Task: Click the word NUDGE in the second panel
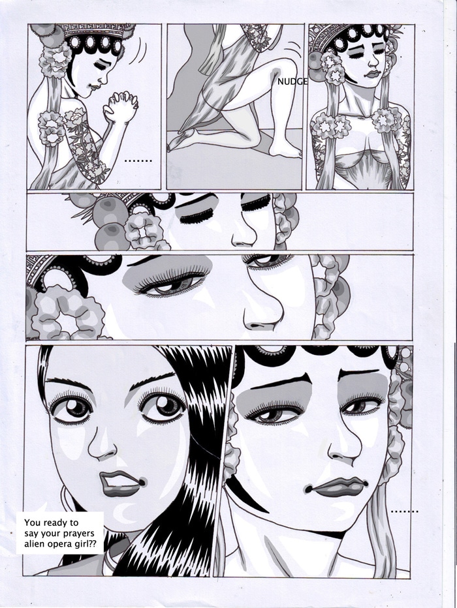point(292,82)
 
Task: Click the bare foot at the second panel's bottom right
point(285,150)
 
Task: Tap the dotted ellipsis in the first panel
point(138,160)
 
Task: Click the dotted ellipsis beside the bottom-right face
point(405,512)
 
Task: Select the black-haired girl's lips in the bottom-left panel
point(121,483)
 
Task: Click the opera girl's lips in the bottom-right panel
point(337,487)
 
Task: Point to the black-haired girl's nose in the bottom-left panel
point(102,446)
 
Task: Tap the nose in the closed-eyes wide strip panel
point(243,233)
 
